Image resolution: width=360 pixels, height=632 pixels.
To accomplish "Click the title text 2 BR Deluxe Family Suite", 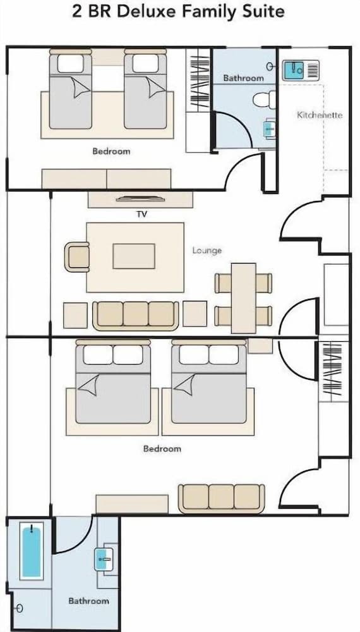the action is click(178, 11).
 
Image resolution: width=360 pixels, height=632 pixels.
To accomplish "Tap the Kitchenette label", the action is click(320, 115).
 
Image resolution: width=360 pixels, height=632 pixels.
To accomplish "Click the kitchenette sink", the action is click(301, 71).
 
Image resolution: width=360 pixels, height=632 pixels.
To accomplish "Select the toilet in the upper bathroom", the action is click(265, 99).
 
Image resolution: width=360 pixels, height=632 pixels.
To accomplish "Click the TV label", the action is click(141, 214).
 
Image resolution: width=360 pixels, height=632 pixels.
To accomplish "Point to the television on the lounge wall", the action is click(141, 198).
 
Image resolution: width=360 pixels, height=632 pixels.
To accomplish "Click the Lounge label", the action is click(207, 251).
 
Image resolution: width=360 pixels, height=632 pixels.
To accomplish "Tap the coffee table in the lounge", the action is click(134, 256).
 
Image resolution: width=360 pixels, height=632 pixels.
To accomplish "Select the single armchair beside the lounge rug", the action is click(77, 257).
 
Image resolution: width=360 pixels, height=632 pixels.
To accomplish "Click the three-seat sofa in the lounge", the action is click(136, 316).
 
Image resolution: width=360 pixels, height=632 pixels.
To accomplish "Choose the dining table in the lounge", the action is click(244, 298).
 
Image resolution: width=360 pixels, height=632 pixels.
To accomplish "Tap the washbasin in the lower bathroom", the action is click(103, 559).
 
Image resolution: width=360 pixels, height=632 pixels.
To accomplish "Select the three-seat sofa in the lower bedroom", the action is click(222, 499).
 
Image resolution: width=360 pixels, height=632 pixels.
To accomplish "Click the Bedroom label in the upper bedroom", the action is click(111, 152).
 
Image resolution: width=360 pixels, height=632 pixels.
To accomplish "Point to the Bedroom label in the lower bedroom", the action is click(162, 449).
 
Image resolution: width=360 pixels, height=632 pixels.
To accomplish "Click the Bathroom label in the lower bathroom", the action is click(88, 601).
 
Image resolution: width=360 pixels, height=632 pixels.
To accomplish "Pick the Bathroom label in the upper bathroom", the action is click(244, 78).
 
